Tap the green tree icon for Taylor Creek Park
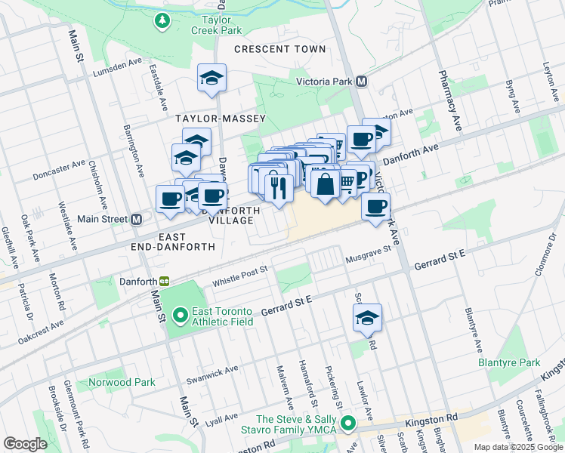[x=162, y=21]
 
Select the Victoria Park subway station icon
[x=362, y=81]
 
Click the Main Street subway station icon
[x=137, y=220]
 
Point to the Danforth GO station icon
[x=164, y=281]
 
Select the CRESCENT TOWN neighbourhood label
[x=279, y=49]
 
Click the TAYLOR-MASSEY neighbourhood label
[x=210, y=119]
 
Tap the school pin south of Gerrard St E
[x=368, y=318]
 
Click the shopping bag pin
[x=325, y=184]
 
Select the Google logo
[x=26, y=444]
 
